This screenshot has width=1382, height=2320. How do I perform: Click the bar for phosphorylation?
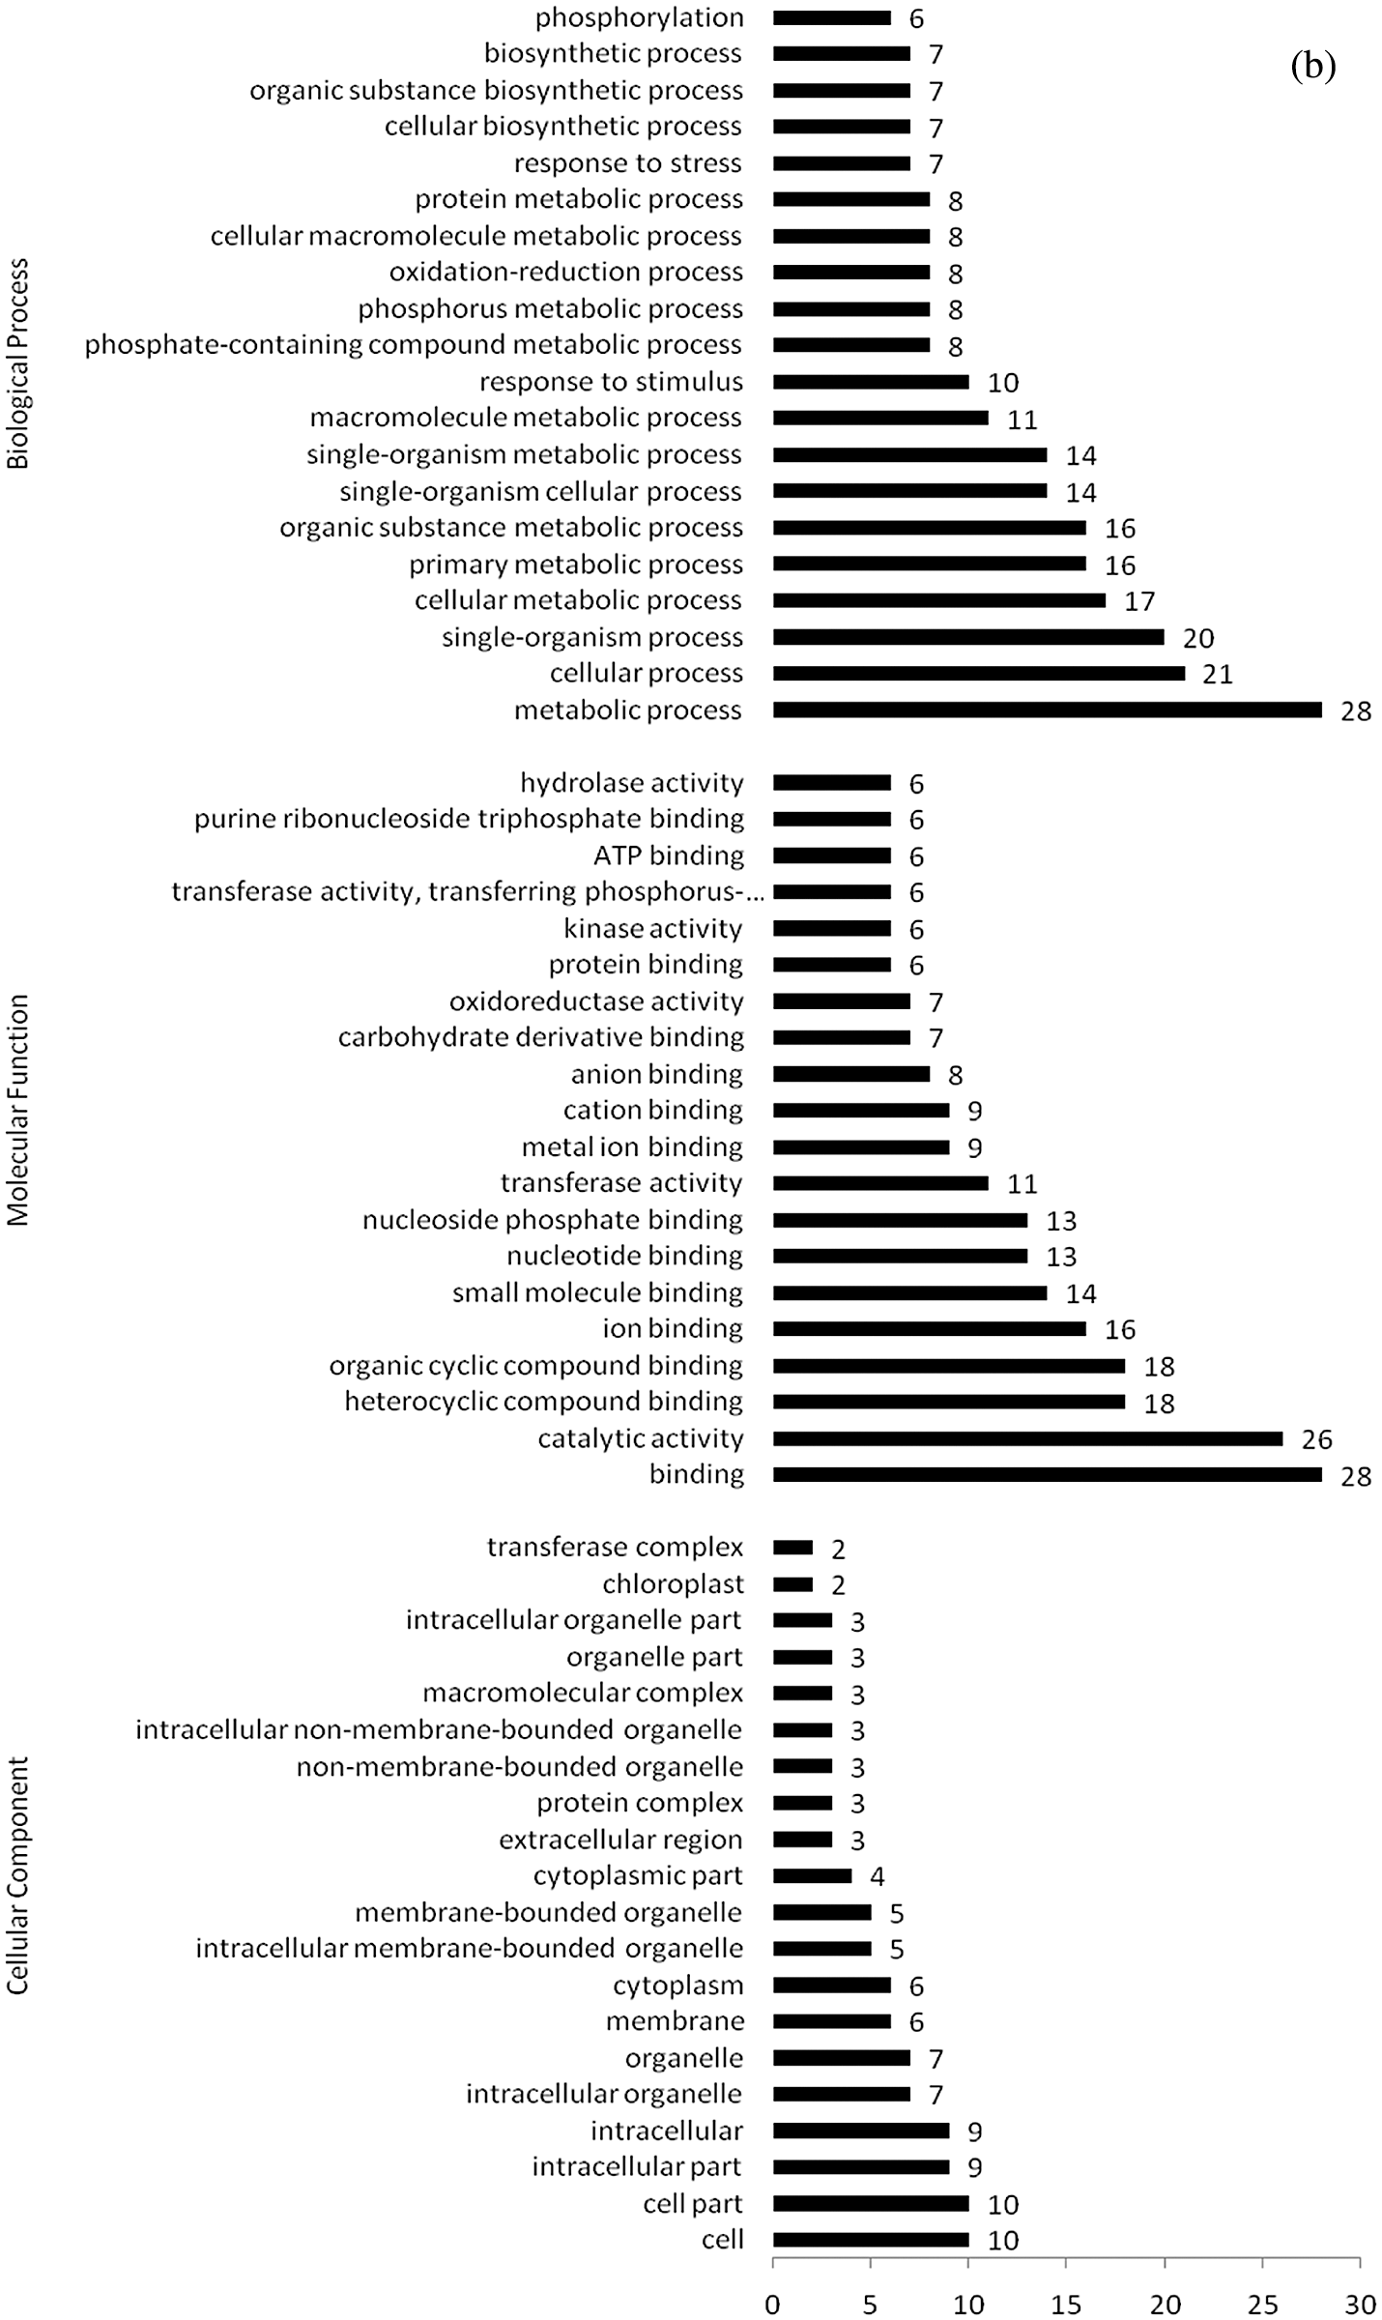(831, 17)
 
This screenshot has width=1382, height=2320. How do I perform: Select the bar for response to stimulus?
(870, 382)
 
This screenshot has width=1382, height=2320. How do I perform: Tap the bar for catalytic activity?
(1026, 1438)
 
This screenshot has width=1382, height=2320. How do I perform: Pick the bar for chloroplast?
(792, 1584)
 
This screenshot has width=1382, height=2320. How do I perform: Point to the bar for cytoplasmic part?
(812, 1876)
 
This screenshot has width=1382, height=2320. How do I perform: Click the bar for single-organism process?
(967, 637)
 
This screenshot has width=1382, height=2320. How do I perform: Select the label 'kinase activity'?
(653, 929)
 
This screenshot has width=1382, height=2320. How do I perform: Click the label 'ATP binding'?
(669, 855)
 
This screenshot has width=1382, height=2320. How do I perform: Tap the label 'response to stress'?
(628, 163)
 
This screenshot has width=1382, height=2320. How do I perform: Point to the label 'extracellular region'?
(620, 1840)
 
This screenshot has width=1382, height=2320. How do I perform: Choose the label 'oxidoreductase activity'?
(596, 1001)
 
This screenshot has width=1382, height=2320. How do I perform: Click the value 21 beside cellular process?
(1218, 674)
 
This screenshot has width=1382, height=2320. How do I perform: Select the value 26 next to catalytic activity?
(1316, 1439)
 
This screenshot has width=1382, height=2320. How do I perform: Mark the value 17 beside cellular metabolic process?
(1139, 601)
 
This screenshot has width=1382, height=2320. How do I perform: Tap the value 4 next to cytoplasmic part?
(878, 1876)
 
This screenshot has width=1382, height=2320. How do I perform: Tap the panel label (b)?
(1312, 66)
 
